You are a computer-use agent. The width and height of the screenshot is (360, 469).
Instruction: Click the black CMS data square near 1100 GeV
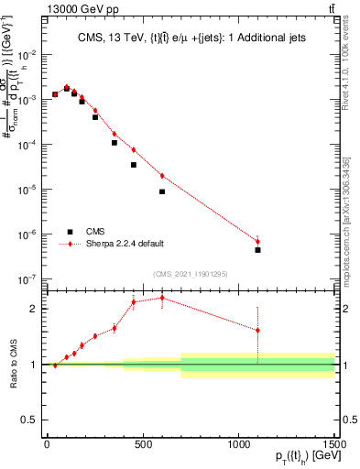click(258, 250)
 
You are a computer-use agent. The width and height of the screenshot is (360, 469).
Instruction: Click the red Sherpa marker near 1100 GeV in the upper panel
click(258, 242)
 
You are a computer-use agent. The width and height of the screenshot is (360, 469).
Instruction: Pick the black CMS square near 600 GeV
click(162, 191)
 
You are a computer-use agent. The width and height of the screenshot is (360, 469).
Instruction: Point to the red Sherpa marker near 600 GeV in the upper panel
click(162, 176)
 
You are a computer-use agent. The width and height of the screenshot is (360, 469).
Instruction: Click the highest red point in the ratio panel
click(162, 298)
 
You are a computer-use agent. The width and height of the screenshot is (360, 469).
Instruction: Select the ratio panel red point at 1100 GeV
click(258, 331)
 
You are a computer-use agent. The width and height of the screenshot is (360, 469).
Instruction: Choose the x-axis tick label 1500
click(334, 444)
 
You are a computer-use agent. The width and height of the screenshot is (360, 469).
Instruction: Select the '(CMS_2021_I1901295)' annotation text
click(190, 274)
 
